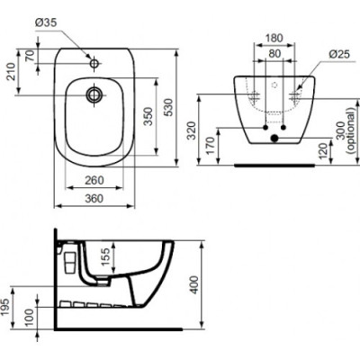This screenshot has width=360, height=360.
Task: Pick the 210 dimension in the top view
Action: coord(11,71)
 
